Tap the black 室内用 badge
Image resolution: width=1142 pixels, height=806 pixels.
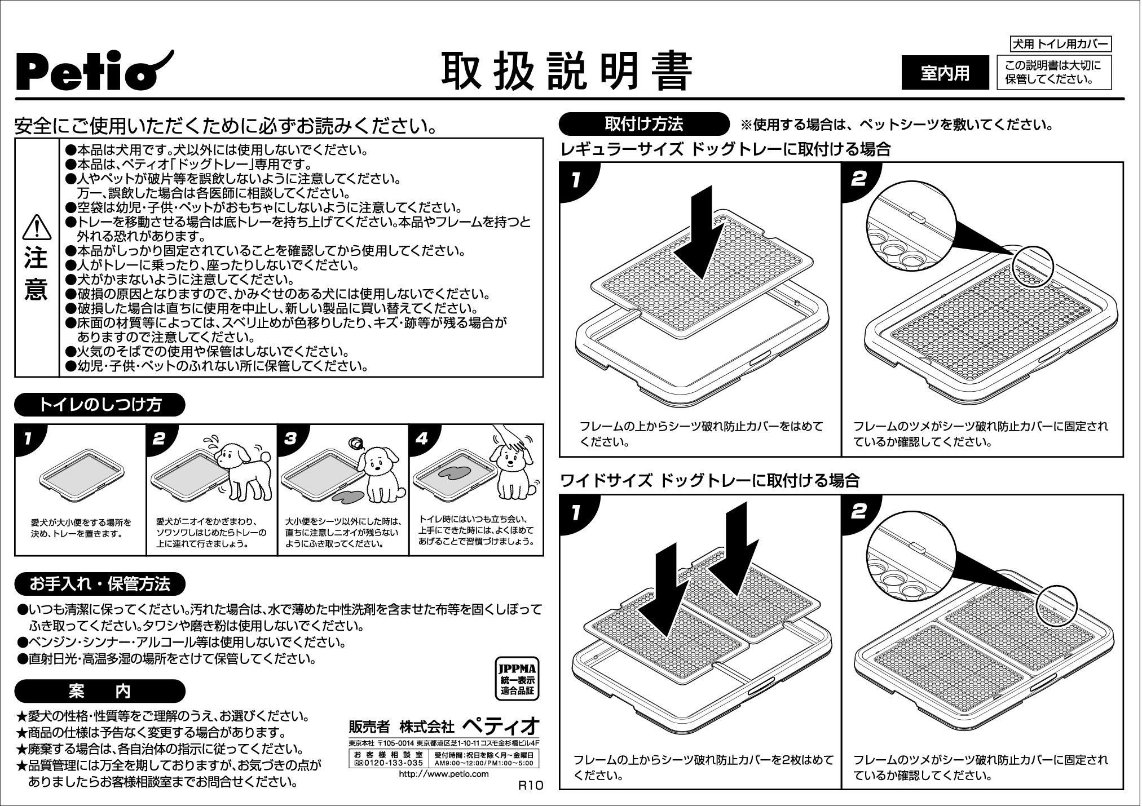[945, 73]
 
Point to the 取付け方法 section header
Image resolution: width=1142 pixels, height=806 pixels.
[643, 124]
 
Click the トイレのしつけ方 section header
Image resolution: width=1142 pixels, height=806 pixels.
[100, 404]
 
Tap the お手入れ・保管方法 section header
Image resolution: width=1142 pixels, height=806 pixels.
[100, 584]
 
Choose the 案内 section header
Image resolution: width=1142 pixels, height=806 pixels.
[100, 690]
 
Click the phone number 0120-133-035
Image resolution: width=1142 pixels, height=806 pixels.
[388, 763]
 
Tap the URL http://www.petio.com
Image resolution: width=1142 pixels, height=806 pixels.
[443, 774]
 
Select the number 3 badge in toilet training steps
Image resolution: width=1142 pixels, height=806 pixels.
[291, 439]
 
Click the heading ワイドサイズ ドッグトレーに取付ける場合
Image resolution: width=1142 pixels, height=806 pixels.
[710, 481]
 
